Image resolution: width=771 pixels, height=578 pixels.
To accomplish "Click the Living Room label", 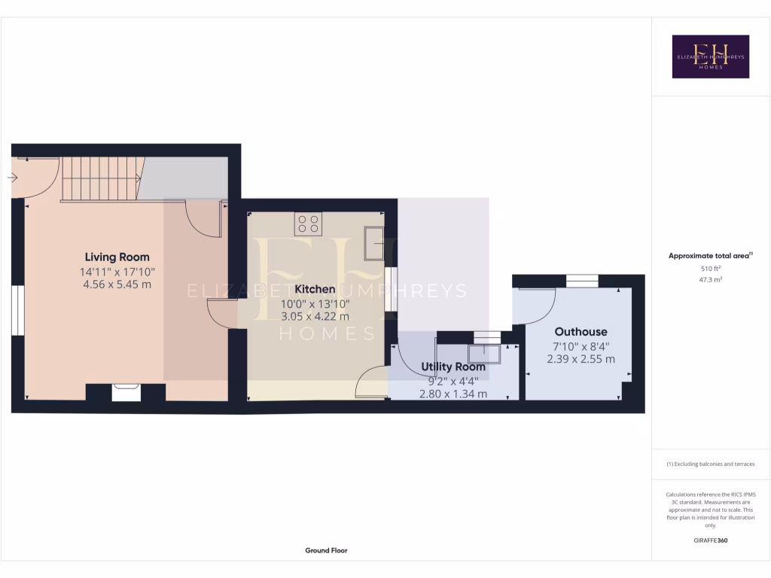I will click(x=117, y=257).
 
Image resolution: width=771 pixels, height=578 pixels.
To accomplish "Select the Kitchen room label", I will click(x=315, y=289).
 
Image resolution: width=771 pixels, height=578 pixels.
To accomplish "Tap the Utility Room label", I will click(x=453, y=367).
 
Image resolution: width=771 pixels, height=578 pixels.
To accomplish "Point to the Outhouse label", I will click(x=581, y=331).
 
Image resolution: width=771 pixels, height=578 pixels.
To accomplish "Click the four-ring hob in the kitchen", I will click(x=308, y=224).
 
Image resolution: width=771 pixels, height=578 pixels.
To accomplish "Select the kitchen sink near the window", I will click(x=374, y=242).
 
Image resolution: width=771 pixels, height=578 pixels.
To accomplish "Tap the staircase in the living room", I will click(x=100, y=178).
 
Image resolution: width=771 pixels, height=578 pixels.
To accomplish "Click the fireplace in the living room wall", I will click(x=126, y=392).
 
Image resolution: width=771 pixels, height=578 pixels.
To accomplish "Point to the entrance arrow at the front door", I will click(x=14, y=178).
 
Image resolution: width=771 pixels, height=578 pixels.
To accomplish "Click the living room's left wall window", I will click(x=14, y=309).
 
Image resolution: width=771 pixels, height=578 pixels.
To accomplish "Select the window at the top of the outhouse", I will click(x=581, y=281).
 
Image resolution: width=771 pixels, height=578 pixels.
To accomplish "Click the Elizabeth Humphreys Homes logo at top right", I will click(x=710, y=56).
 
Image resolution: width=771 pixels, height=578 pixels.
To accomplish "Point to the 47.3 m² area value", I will click(x=710, y=279).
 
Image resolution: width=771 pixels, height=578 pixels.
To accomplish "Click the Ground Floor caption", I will click(x=326, y=550).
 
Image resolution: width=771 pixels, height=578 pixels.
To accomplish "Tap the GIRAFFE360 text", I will click(x=710, y=540).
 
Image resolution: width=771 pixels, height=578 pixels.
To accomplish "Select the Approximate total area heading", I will click(x=709, y=256).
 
